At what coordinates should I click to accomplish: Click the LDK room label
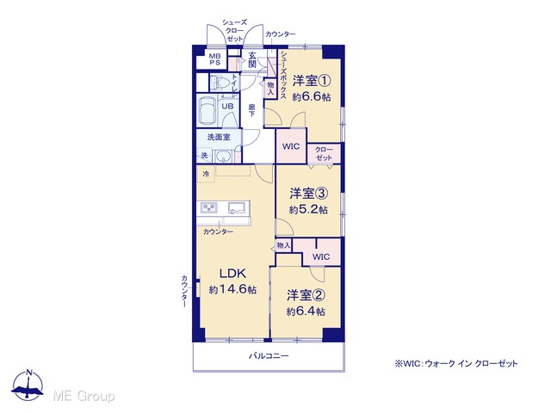232,274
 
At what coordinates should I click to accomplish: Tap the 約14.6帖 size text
232,290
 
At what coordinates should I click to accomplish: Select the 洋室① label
312,81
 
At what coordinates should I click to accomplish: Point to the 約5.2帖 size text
308,210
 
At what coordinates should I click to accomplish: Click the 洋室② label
306,295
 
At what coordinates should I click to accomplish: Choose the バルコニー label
269,356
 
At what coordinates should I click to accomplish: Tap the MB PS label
214,59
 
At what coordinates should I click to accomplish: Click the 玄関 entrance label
252,59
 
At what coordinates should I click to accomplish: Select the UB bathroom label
227,106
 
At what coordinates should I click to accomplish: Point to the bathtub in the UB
207,109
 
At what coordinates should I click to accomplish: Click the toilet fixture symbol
220,83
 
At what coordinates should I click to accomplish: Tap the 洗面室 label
219,137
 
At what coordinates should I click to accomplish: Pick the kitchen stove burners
209,208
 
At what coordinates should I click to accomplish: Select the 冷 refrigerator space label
206,174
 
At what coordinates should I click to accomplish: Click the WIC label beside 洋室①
291,146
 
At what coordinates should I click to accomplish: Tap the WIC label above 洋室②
321,256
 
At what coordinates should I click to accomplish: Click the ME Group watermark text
84,397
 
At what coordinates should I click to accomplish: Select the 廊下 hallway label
252,110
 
